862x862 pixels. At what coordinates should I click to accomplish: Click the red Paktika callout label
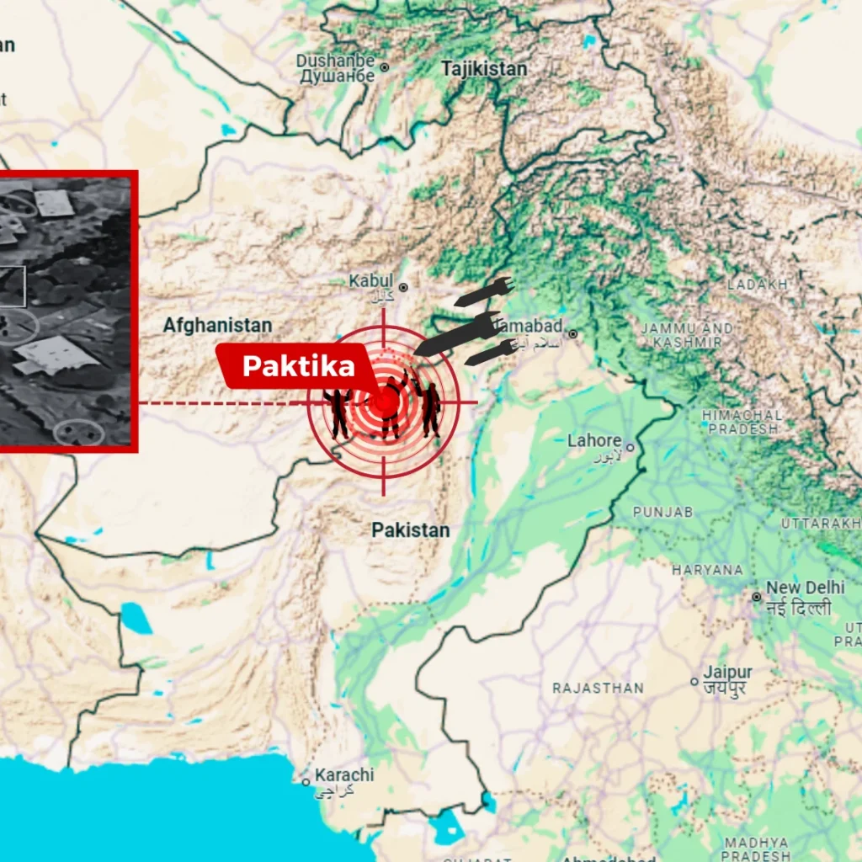pyautogui.click(x=298, y=366)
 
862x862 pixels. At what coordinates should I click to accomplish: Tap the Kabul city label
pyautogui.click(x=371, y=280)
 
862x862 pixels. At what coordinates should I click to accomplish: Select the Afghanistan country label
pyautogui.click(x=217, y=325)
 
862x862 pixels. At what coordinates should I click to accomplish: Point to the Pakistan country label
pyautogui.click(x=411, y=530)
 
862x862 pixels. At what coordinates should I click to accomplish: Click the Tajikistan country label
pyautogui.click(x=484, y=68)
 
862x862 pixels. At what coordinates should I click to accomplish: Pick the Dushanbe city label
pyautogui.click(x=335, y=61)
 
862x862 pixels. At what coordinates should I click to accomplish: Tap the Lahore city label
pyautogui.click(x=594, y=440)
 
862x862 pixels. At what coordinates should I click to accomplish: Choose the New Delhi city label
pyautogui.click(x=805, y=588)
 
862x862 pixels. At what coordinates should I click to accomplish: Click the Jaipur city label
pyautogui.click(x=728, y=673)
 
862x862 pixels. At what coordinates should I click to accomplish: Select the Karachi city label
pyautogui.click(x=344, y=774)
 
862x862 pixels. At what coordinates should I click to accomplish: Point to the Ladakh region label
pyautogui.click(x=758, y=285)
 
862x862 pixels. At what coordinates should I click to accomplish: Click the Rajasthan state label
pyautogui.click(x=598, y=688)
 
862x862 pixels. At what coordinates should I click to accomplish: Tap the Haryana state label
pyautogui.click(x=707, y=570)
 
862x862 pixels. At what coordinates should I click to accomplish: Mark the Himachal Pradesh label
pyautogui.click(x=742, y=422)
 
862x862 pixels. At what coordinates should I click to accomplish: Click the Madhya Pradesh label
pyautogui.click(x=755, y=849)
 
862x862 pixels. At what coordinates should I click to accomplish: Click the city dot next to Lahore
pyautogui.click(x=629, y=448)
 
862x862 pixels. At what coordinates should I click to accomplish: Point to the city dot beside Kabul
pyautogui.click(x=403, y=287)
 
